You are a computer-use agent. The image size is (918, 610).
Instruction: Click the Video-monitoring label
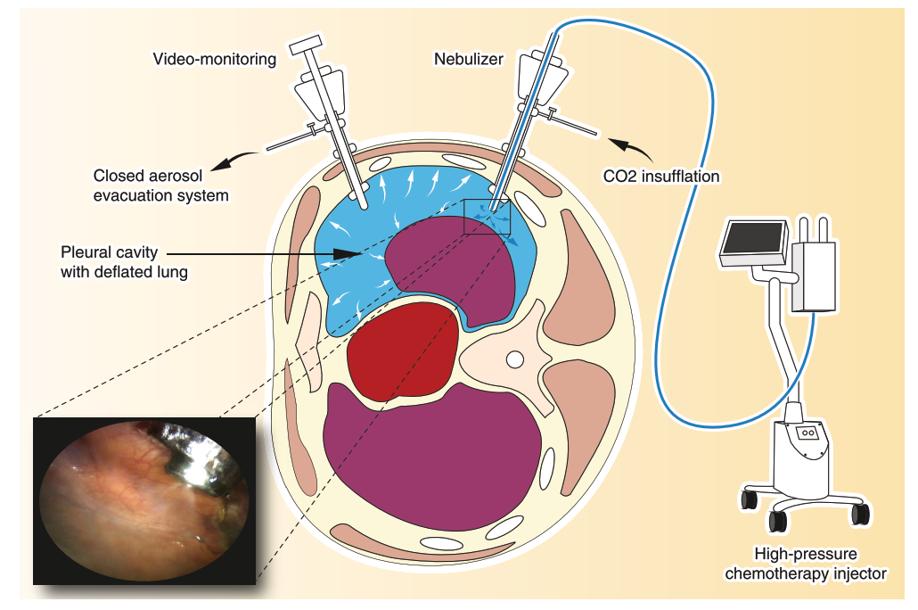215,60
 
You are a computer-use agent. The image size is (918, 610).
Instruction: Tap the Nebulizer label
469,60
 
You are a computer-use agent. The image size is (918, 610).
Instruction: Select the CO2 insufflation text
661,177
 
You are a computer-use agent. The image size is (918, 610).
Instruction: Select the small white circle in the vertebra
513,359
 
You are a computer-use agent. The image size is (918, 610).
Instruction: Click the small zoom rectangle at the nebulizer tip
487,217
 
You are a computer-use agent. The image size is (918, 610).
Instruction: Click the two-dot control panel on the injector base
808,433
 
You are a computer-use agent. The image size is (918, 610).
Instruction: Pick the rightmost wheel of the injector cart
860,514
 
